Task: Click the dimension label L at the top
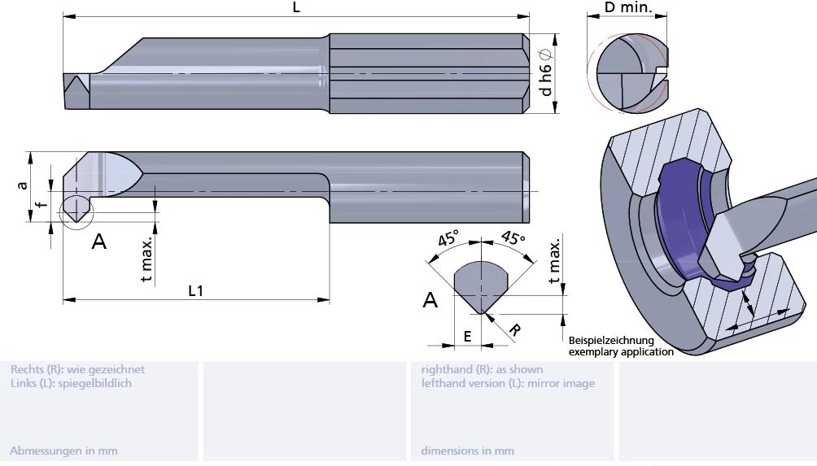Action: (x=295, y=7)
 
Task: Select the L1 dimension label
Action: (x=195, y=290)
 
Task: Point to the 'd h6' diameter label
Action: (x=547, y=72)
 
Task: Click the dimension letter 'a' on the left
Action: (x=23, y=185)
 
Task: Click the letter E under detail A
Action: (x=467, y=335)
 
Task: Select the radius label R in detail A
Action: (x=514, y=329)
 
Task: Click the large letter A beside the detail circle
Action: (x=99, y=242)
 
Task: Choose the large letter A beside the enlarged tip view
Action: (x=430, y=300)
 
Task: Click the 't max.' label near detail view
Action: (x=555, y=263)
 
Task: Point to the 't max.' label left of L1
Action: (x=146, y=260)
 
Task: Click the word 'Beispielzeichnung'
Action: (x=611, y=341)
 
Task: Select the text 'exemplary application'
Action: (x=621, y=352)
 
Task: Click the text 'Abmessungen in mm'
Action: (x=63, y=451)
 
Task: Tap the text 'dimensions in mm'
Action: (x=467, y=451)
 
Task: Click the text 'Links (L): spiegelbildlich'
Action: (x=71, y=383)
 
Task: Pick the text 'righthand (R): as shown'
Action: (x=482, y=369)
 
